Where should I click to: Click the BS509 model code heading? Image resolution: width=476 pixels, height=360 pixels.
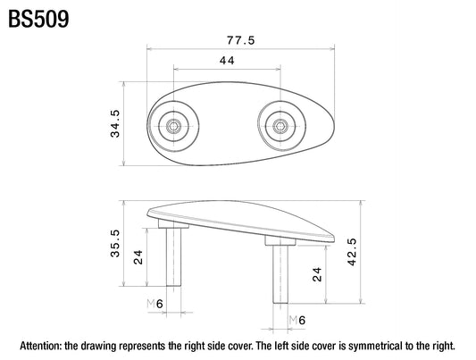[x=38, y=19]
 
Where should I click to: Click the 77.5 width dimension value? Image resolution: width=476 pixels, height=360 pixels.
[x=241, y=40]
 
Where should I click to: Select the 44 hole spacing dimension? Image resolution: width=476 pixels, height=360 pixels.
[x=227, y=61]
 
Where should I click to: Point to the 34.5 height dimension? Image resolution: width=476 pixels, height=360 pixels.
[x=115, y=123]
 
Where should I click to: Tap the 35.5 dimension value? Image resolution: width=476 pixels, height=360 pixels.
[x=115, y=244]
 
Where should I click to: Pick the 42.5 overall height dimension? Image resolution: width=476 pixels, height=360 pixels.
[x=352, y=252]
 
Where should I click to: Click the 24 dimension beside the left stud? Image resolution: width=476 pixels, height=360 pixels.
[x=138, y=257]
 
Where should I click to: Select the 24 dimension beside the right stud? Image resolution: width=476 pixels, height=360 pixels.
[x=317, y=274]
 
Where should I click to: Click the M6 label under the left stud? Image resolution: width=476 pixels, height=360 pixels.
[x=155, y=304]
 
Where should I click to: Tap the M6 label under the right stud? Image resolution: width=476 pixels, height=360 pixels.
[x=297, y=320]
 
